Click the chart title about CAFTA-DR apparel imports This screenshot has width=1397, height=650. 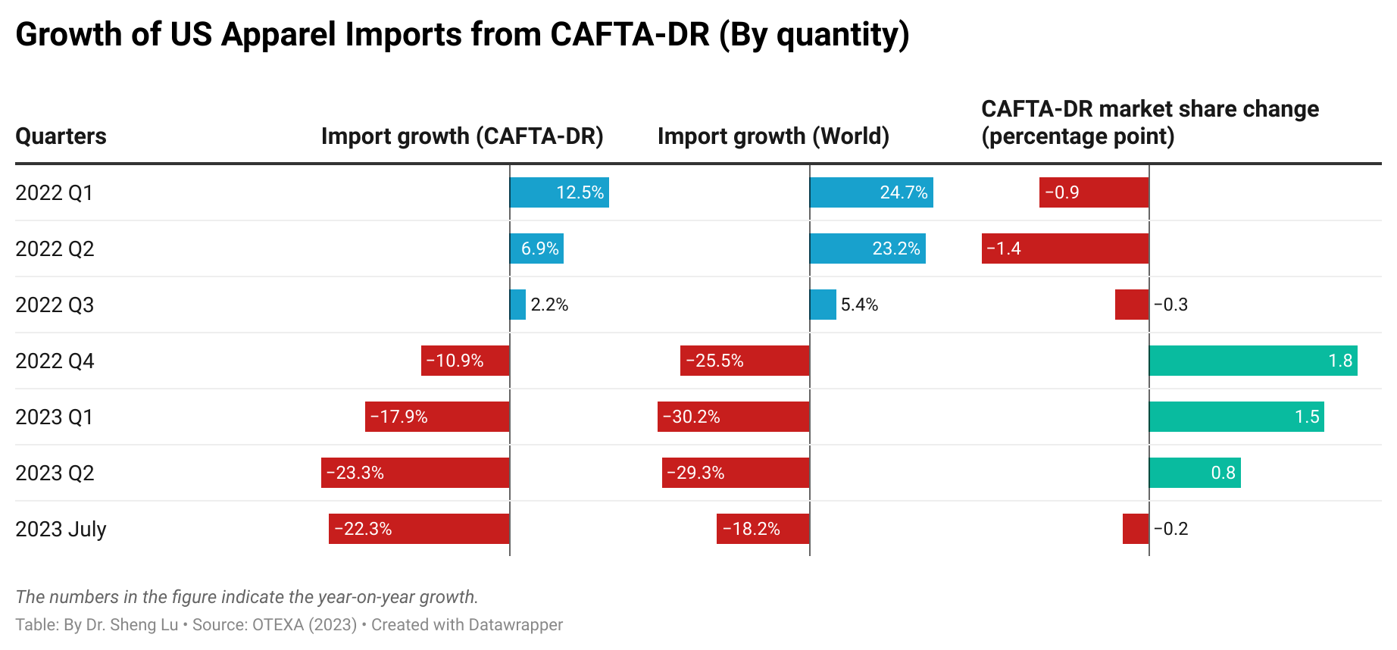tap(462, 35)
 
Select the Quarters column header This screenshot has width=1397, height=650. tap(61, 136)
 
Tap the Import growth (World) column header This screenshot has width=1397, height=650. tap(773, 136)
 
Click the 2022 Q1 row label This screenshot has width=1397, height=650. tap(54, 192)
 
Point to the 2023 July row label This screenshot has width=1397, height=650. tap(61, 529)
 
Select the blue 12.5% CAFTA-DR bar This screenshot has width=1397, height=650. tap(559, 192)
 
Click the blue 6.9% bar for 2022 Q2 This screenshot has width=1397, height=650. tap(536, 248)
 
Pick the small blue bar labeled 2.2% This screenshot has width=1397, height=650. tap(518, 305)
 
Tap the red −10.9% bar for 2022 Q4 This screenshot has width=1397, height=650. tap(465, 361)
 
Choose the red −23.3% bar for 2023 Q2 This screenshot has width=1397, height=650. tap(415, 473)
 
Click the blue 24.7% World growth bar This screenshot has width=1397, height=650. tap(871, 192)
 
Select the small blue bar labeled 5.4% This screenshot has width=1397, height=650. tap(823, 305)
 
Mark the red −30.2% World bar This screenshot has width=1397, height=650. tap(733, 417)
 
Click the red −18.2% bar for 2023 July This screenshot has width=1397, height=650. tap(763, 529)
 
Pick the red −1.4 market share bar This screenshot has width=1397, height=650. tap(1065, 248)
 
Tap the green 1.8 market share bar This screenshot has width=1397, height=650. tap(1253, 361)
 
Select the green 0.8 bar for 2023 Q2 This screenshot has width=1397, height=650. tap(1195, 473)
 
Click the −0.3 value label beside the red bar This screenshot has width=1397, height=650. tap(1170, 305)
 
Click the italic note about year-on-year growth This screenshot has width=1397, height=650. tap(247, 597)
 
